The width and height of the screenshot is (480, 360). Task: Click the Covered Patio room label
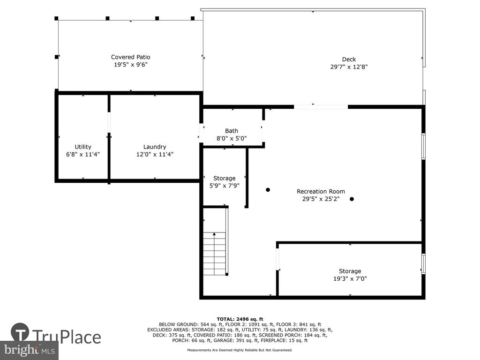tap(130, 57)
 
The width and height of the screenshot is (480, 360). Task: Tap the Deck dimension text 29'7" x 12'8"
tap(349, 67)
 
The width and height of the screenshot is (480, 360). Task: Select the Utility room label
tap(83, 147)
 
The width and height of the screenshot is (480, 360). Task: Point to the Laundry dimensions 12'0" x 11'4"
tap(155, 154)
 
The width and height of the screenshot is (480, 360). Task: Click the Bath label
tap(232, 131)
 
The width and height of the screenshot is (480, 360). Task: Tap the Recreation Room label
tap(321, 191)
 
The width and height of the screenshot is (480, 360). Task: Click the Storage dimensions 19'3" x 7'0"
tap(350, 278)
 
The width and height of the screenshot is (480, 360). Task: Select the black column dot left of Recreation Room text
tap(268, 190)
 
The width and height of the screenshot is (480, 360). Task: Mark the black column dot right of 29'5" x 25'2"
tap(352, 199)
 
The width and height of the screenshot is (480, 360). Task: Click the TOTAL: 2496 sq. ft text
tap(240, 319)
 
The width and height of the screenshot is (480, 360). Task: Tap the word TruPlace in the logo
tap(67, 337)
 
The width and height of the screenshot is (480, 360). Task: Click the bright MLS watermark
tap(30, 350)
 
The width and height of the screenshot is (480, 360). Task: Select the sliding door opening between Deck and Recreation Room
tap(321, 107)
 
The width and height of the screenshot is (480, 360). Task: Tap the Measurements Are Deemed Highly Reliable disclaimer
tap(240, 350)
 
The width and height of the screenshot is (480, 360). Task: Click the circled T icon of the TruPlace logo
tap(20, 332)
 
